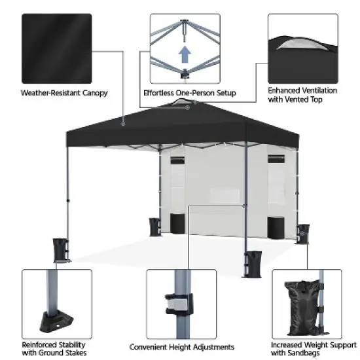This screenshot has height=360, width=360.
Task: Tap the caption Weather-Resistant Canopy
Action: (64, 93)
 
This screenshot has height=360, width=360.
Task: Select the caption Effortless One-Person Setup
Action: (190, 93)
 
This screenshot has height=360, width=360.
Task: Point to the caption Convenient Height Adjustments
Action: (181, 347)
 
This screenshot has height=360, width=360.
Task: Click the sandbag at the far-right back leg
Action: (303, 232)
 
